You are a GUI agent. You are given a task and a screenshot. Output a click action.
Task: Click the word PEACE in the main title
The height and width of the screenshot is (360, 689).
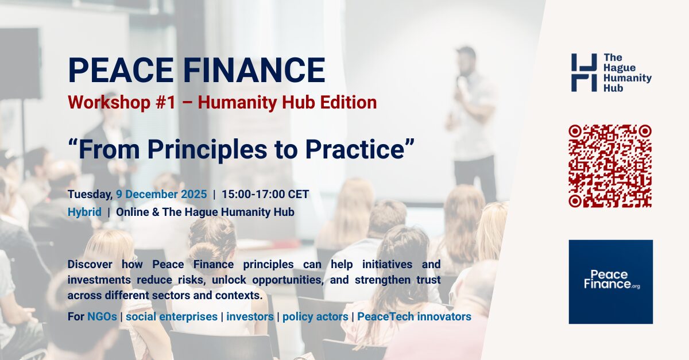(121, 70)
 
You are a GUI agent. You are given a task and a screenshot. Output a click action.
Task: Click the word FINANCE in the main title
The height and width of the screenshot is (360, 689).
(254, 70)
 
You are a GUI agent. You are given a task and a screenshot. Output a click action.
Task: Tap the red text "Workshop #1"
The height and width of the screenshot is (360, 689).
(122, 102)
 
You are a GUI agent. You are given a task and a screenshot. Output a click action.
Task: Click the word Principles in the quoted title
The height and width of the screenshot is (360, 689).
(208, 150)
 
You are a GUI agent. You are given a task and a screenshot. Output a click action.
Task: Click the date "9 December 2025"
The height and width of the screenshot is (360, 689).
(161, 194)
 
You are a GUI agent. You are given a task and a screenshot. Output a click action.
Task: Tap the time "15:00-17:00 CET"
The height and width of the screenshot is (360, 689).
(265, 194)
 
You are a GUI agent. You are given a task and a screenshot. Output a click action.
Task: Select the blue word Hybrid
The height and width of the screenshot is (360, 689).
(84, 212)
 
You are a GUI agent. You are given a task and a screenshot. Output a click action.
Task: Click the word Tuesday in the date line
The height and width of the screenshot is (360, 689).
(90, 195)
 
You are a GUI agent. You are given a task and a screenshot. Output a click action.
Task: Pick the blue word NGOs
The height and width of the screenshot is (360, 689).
(102, 316)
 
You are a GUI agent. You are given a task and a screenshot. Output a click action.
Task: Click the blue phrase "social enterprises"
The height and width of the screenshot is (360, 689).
(172, 316)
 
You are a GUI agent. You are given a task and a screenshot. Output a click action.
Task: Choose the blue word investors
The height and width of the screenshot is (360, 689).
(250, 316)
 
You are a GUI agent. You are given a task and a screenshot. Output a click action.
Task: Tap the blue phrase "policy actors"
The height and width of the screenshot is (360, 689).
(315, 316)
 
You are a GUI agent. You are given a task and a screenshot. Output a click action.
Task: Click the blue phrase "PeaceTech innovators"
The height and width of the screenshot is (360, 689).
(414, 316)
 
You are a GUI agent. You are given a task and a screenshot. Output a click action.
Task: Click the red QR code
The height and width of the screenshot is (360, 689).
(610, 166)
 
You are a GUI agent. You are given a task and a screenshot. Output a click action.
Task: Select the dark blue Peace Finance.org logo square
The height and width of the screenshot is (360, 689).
(610, 281)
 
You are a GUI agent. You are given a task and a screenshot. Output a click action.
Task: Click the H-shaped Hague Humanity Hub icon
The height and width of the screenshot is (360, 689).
(584, 72)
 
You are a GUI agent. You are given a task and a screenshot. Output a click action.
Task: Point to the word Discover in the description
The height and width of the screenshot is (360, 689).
(90, 264)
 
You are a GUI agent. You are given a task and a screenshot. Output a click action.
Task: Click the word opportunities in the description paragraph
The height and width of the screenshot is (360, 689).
(288, 280)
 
